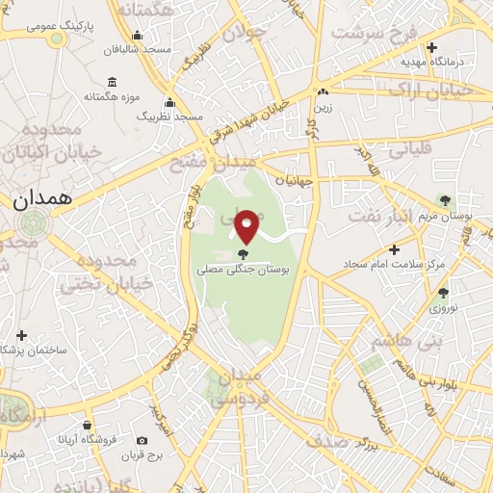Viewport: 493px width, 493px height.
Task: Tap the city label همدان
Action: pos(43,199)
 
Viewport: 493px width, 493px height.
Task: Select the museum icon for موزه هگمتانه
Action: pos(113,81)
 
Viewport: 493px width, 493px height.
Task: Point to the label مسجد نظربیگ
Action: pos(171,116)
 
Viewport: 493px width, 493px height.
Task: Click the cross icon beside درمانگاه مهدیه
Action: pos(431,46)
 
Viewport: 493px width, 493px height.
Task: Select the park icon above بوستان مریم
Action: pos(444,200)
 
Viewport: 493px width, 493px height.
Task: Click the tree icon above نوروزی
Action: pos(443,293)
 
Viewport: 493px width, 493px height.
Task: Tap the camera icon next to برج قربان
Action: pos(143,440)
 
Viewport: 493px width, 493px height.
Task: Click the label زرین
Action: pos(324,107)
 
